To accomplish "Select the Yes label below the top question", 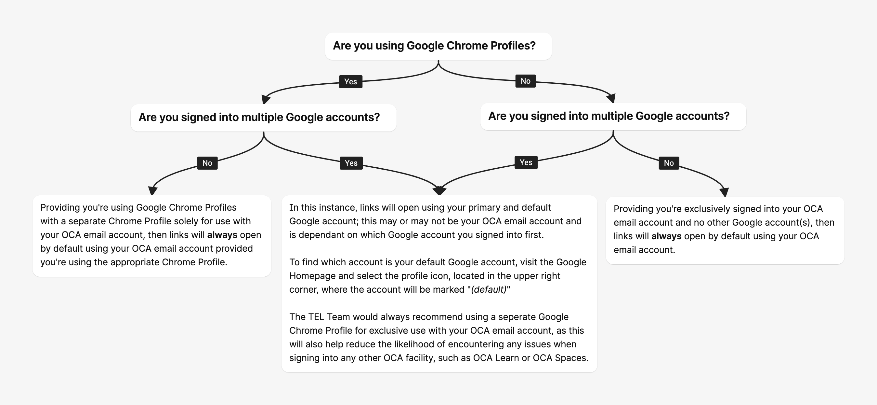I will point(350,82).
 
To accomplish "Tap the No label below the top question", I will point(525,81).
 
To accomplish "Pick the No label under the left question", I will point(207,163).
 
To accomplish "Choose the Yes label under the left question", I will point(351,163).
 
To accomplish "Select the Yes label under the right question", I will point(526,162).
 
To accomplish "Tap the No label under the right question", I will point(669,163).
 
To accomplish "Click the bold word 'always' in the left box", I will point(222,235).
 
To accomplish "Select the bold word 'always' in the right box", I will point(666,236).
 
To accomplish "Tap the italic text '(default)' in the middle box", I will point(489,289).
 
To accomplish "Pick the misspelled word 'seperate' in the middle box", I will point(517,317).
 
